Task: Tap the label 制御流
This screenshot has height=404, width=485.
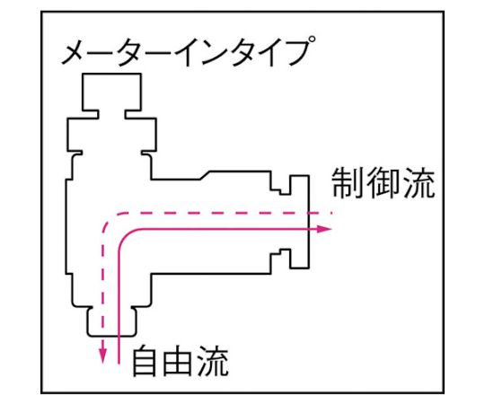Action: pos(384,183)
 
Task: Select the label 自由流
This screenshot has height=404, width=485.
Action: pos(181,361)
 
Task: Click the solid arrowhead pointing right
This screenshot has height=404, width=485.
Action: pos(324,229)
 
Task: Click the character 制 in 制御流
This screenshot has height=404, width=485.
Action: pos(348,183)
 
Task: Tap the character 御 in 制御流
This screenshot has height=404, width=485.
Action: pos(384,183)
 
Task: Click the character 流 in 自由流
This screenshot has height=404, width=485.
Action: pos(213,361)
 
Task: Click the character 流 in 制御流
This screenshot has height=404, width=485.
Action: pos(419,183)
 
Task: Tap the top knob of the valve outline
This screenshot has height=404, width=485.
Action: pos(111,92)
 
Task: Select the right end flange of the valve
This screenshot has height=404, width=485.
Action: pos(299,222)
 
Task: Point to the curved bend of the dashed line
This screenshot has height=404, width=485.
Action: pos(110,220)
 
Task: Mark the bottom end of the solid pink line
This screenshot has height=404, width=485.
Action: pos(119,364)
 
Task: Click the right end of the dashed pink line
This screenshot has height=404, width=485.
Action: pos(331,213)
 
